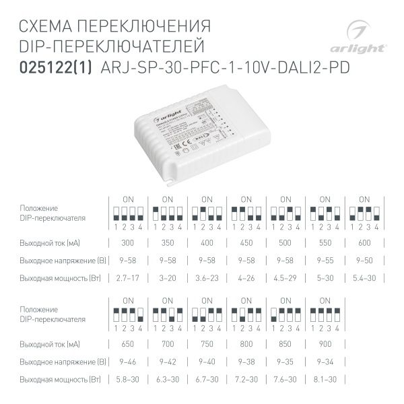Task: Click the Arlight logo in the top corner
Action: click(x=365, y=38)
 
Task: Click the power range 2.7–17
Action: click(x=127, y=277)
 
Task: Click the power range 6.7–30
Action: click(x=206, y=380)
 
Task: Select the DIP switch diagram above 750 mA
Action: click(x=206, y=316)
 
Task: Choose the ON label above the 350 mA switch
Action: click(x=167, y=199)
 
